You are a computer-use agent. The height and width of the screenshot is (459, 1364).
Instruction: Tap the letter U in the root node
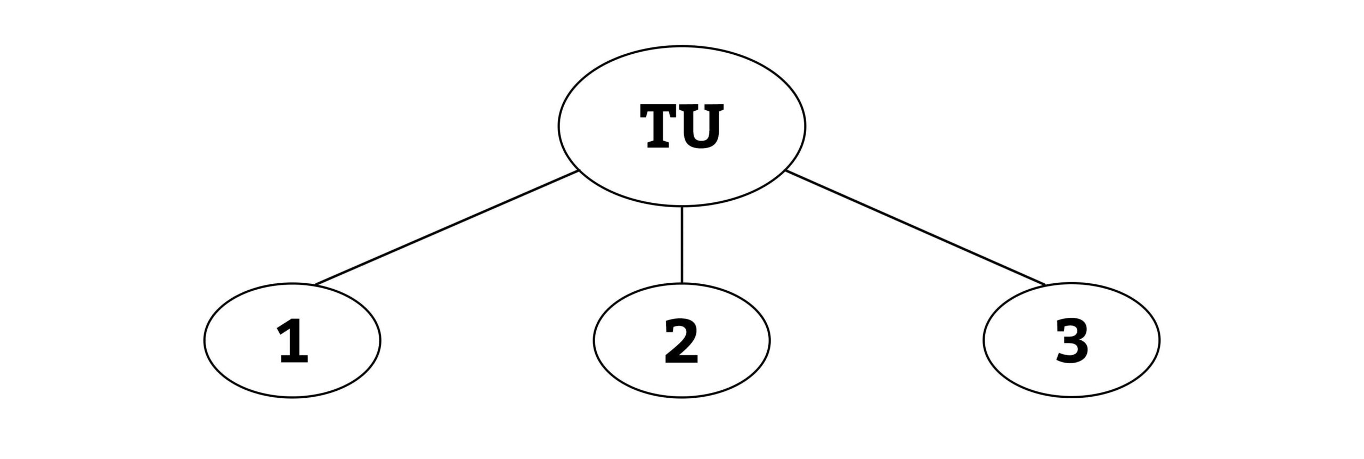point(703,126)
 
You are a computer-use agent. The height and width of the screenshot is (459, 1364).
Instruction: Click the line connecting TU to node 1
point(446,228)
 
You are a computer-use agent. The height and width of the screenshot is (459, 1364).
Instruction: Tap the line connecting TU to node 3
point(916,228)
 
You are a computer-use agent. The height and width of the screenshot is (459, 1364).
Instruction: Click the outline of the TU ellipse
point(558,126)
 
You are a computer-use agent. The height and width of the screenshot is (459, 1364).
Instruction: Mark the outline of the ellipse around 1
point(204,340)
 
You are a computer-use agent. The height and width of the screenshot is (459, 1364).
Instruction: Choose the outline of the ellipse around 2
point(594,340)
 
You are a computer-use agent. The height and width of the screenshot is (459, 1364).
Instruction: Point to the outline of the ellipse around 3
point(984,340)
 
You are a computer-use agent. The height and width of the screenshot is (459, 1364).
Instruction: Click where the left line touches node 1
point(314,285)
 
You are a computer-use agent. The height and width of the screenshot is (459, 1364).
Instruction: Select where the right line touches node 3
point(1046,285)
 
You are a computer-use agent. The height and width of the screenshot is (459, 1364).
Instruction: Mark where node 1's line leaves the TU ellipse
point(579,171)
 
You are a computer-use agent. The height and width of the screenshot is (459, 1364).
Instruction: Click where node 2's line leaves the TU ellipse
point(682,207)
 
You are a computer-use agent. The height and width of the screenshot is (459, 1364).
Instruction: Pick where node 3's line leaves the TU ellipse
point(786,171)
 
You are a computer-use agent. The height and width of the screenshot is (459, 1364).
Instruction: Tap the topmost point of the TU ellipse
point(682,46)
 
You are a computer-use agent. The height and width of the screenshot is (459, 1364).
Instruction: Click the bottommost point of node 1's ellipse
point(293,397)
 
